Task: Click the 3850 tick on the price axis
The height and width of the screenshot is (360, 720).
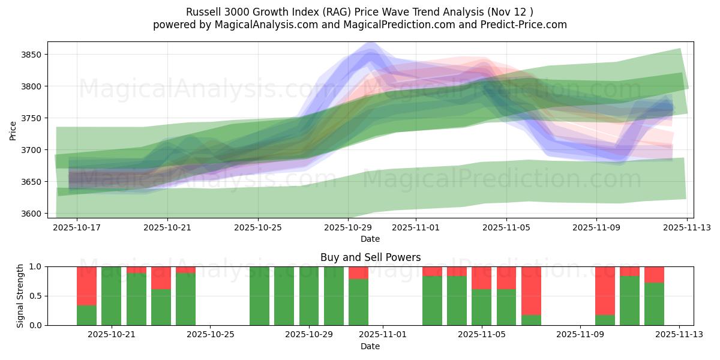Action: pyautogui.click(x=31, y=55)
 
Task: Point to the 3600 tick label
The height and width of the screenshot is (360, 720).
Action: pyautogui.click(x=31, y=214)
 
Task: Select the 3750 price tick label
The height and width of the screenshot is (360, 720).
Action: pyautogui.click(x=31, y=118)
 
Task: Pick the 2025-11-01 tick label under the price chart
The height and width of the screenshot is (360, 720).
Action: pyautogui.click(x=416, y=227)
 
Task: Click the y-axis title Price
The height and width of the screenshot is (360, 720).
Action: pyautogui.click(x=13, y=130)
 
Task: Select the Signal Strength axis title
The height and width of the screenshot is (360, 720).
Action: pyautogui.click(x=20, y=296)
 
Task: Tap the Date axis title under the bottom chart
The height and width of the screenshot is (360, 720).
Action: pyautogui.click(x=370, y=346)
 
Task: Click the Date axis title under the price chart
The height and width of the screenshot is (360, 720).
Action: pyautogui.click(x=370, y=239)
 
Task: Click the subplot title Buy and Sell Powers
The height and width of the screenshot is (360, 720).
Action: pyautogui.click(x=370, y=257)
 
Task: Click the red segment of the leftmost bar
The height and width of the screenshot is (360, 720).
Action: pyautogui.click(x=86, y=286)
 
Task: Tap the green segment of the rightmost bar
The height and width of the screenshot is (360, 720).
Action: pyautogui.click(x=654, y=304)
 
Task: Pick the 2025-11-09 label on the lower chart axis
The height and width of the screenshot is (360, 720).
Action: pyautogui.click(x=581, y=335)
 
